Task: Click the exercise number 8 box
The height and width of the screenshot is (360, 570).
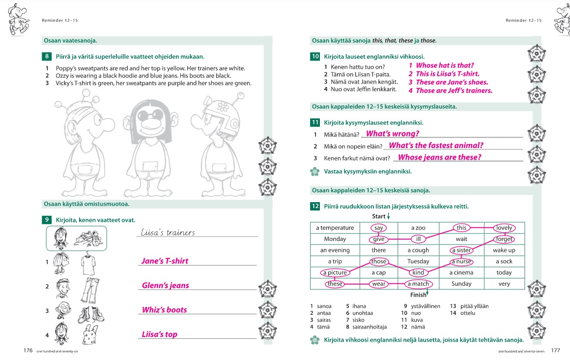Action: click(x=47, y=57)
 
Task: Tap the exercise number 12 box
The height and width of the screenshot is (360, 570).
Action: click(x=315, y=207)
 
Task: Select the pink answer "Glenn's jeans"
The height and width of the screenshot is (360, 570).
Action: click(x=165, y=285)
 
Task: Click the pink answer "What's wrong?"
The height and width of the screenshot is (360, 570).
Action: click(x=392, y=134)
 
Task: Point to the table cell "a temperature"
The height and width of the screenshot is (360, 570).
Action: click(x=335, y=228)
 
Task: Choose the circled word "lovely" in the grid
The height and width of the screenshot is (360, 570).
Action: click(x=504, y=228)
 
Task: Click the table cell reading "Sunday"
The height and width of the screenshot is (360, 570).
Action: click(x=461, y=284)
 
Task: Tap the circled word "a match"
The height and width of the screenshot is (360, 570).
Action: click(x=418, y=284)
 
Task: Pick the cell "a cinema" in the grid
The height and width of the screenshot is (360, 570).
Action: click(x=461, y=272)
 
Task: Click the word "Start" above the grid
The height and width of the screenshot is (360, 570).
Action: click(x=378, y=216)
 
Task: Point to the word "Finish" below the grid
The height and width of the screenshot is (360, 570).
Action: click(x=418, y=295)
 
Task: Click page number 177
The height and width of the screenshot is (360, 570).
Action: click(x=555, y=351)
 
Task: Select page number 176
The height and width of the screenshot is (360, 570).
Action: click(x=28, y=351)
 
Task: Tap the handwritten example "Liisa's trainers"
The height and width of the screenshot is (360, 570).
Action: click(x=168, y=233)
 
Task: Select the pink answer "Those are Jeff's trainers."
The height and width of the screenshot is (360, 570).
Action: click(x=454, y=90)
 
